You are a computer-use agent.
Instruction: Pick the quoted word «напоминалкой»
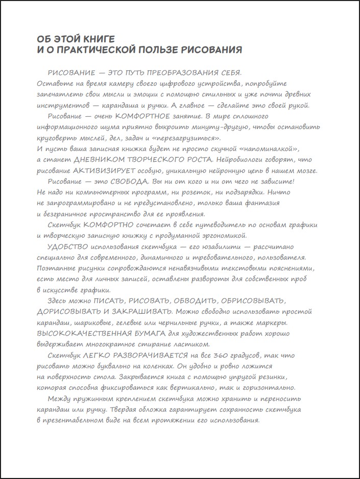pyautogui.click(x=265, y=149)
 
